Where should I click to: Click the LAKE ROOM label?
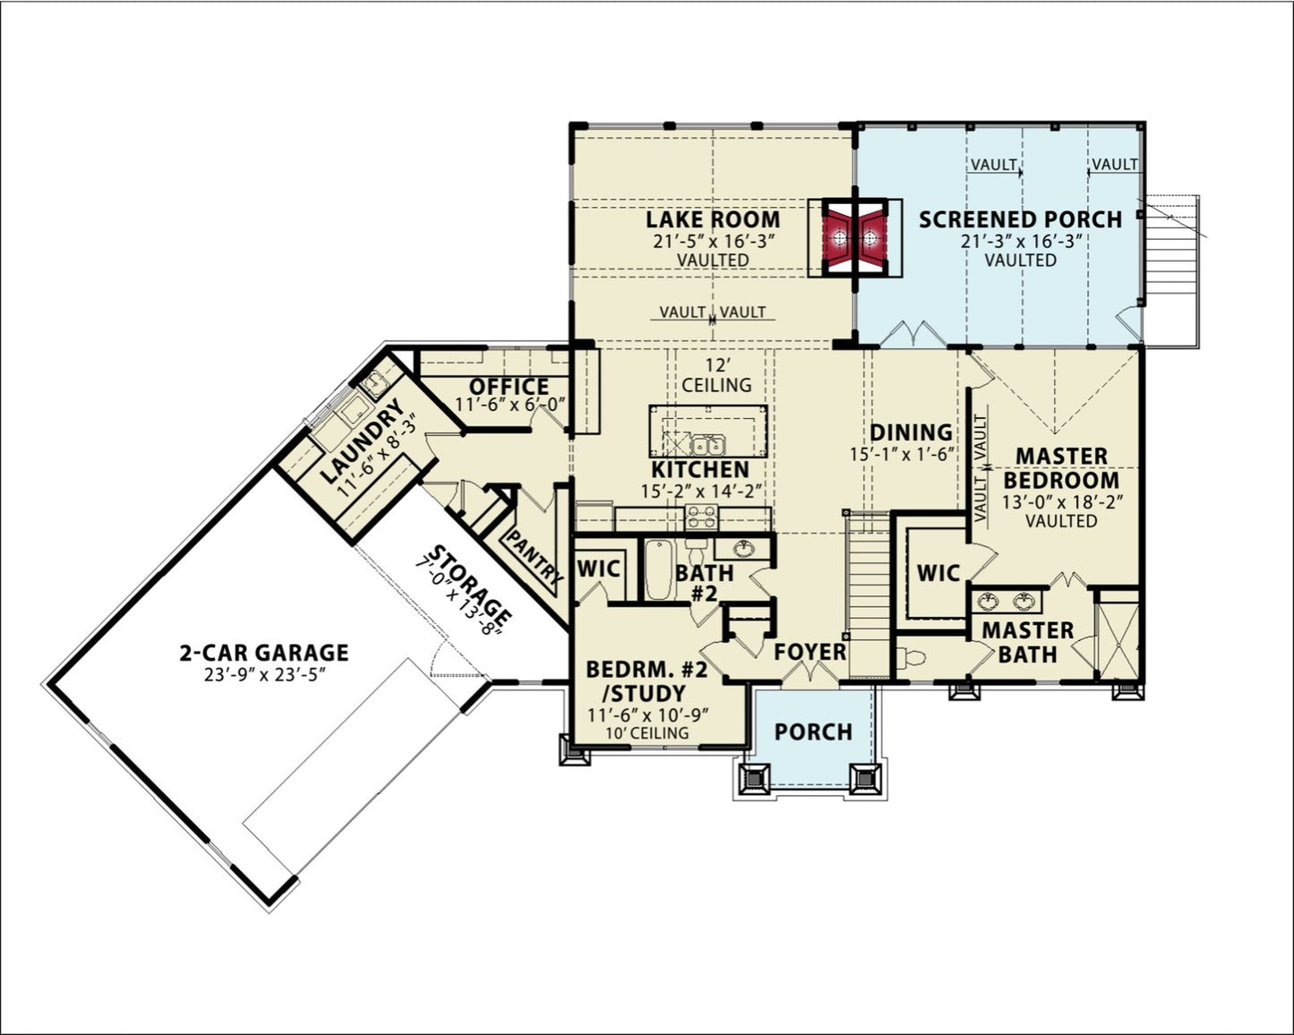(713, 219)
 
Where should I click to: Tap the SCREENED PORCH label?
(1020, 219)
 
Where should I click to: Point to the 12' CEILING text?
(716, 375)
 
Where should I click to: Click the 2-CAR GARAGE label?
(263, 653)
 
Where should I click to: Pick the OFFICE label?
(510, 386)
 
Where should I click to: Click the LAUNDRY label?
(362, 441)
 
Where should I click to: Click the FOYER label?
(810, 652)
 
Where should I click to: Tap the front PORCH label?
(813, 731)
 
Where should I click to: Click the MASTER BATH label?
(1027, 642)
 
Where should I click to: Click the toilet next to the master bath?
(913, 659)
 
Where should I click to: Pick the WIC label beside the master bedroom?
(938, 573)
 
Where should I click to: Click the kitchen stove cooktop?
(701, 516)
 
